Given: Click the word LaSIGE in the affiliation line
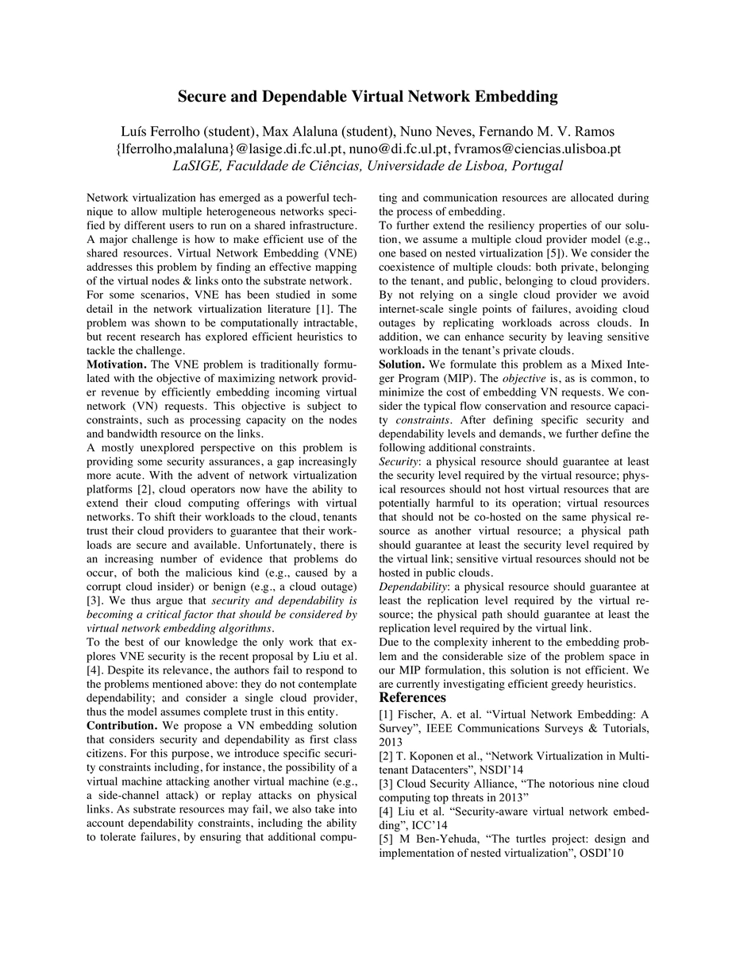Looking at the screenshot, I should (198, 166).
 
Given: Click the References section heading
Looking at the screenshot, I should (412, 697).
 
